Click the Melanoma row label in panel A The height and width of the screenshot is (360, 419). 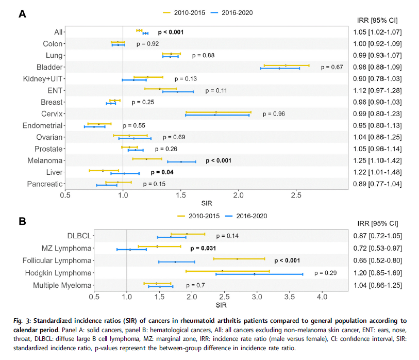coord(46,160)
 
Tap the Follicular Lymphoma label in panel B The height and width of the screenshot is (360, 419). coord(60,260)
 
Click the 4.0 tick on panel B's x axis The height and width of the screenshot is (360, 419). coord(322,297)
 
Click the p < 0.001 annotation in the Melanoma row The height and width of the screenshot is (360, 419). coord(226,160)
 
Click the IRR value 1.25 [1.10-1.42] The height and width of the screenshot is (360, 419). coord(377,160)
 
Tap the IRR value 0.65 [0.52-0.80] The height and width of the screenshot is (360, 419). coord(377,260)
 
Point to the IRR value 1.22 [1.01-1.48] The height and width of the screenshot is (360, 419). coord(377,172)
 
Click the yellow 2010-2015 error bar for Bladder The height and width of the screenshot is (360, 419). coord(286,66)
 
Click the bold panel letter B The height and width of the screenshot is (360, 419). coord(22,221)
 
